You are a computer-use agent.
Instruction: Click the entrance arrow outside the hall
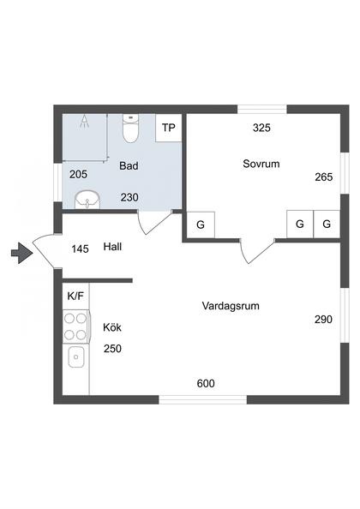coord(22,253)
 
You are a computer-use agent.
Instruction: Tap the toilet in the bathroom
coord(131,129)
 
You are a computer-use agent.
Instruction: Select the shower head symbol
coord(85,121)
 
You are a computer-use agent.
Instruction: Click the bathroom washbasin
coord(87,200)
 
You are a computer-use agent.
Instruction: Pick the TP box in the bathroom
coord(169,128)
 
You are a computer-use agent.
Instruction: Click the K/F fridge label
coord(75,296)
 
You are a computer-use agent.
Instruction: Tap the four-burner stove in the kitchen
coord(75,326)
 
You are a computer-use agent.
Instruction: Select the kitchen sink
coord(76,356)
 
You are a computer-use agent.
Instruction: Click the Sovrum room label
coord(261,164)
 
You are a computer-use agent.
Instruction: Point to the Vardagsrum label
coord(231,306)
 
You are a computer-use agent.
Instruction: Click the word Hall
coord(112,247)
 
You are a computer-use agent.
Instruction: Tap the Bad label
coord(129,166)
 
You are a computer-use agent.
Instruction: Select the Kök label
coord(112,327)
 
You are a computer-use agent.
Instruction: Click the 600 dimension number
coord(206,384)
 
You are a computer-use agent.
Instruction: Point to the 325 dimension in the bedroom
coord(261,128)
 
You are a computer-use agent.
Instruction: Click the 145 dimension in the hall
coord(81,249)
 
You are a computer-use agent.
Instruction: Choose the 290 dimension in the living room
coord(323,320)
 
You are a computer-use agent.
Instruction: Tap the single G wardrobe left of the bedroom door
coord(201,225)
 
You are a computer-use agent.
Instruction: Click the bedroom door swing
coord(257,251)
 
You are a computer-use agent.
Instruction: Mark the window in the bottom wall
coord(203,399)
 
